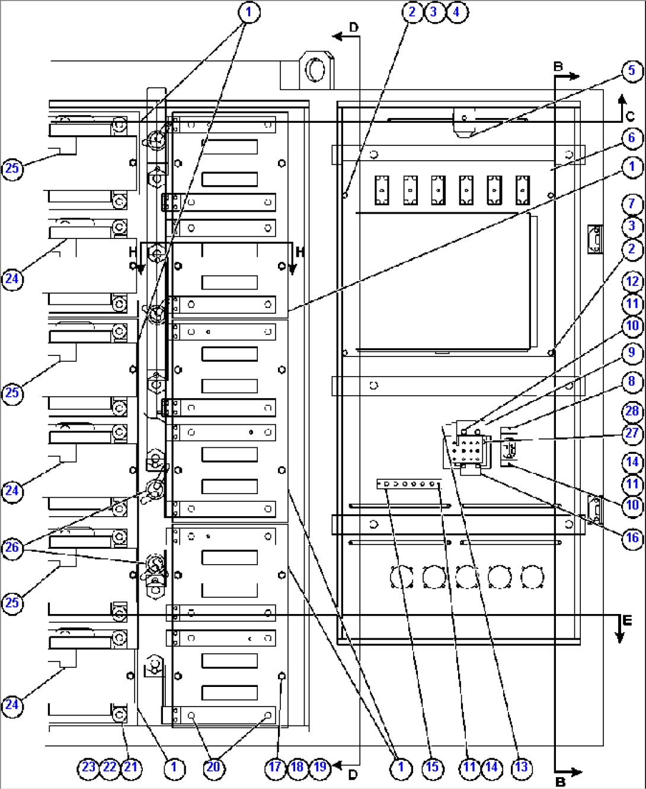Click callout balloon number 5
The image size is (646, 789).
632,71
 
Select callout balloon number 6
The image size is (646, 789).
632,138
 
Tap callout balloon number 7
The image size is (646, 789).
632,204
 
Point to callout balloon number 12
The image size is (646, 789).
632,282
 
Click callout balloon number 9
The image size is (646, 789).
632,353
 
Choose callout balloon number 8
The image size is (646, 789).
632,382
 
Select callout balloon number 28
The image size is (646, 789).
632,412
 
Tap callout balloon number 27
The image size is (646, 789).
632,434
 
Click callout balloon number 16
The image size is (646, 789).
632,539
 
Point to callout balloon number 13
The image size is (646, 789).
522,768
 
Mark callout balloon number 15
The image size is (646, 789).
433,768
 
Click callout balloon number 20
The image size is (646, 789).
213,768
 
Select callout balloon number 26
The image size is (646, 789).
12,548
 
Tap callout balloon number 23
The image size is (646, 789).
88,768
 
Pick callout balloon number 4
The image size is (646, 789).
456,12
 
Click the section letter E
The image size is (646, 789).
627,621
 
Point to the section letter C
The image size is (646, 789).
630,116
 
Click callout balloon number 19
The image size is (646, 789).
320,768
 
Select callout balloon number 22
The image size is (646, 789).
110,768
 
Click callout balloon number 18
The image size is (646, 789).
298,768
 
